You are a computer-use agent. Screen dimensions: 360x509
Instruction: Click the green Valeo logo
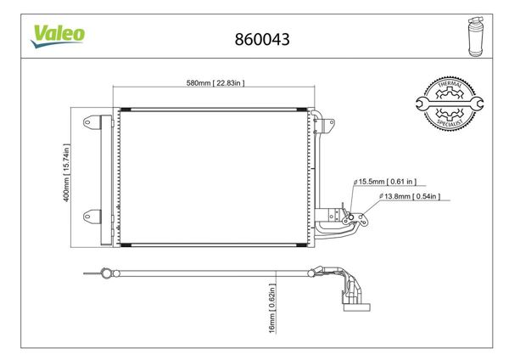(58, 34)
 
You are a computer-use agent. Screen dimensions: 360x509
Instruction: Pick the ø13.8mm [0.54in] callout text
(411, 197)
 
